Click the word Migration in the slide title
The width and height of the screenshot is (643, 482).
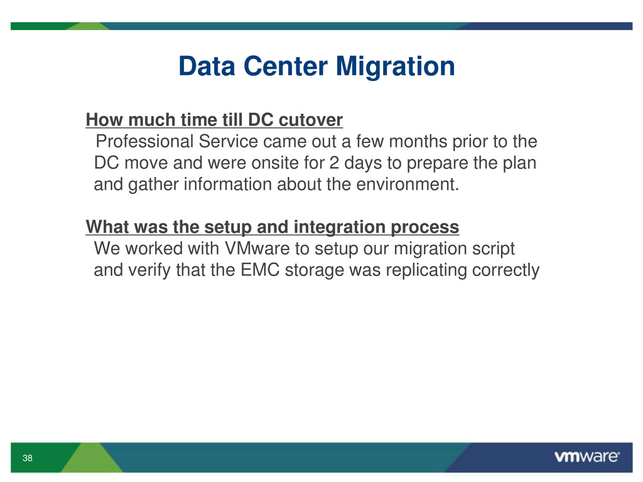click(396, 67)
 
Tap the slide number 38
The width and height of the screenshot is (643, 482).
click(28, 458)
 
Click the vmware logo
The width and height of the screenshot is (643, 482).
click(587, 457)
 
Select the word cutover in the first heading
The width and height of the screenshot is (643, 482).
click(310, 120)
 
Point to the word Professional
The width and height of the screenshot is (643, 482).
click(144, 141)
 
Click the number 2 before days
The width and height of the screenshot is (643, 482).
click(334, 163)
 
